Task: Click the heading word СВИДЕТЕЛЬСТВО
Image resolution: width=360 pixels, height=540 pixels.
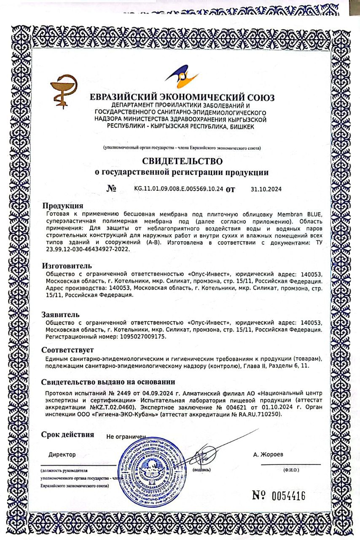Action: click(x=182, y=161)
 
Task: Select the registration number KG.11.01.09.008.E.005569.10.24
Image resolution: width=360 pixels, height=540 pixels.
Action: click(x=178, y=189)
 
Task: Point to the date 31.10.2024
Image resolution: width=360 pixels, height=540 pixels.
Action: click(x=266, y=189)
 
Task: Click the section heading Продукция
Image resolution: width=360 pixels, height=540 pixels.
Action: click(x=63, y=206)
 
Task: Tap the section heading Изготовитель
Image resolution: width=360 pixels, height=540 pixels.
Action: click(x=67, y=266)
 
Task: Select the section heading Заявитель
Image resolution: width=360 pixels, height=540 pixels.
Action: click(x=61, y=314)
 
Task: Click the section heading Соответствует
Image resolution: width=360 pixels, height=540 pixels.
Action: click(x=67, y=350)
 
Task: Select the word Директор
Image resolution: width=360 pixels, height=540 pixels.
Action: click(x=62, y=455)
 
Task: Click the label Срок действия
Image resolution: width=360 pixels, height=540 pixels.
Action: click(x=67, y=435)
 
